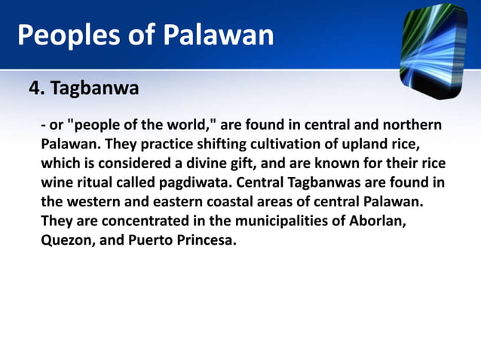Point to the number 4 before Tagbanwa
pos(34,90)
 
